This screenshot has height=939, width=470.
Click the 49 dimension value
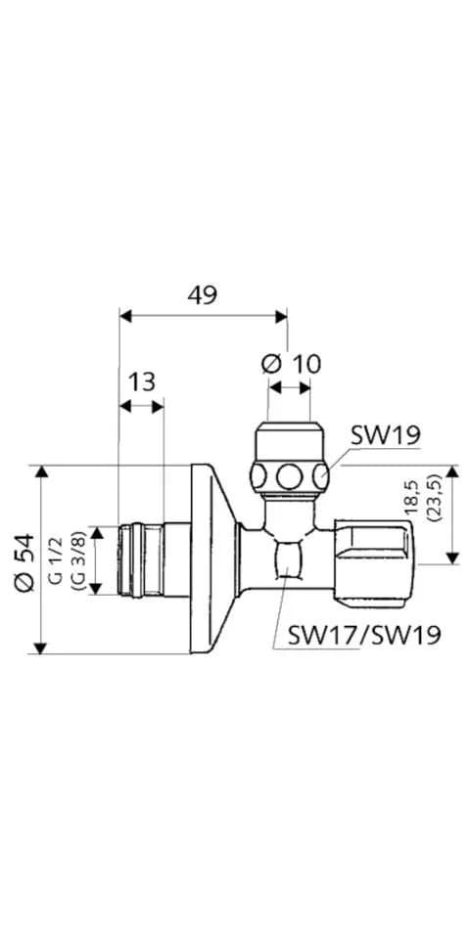pos(202,294)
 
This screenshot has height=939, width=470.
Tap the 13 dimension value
pos(141,381)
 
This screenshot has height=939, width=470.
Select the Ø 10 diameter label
pos(292,364)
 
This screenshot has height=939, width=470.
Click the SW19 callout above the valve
pos(384,435)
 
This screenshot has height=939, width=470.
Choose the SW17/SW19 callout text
pos(364,634)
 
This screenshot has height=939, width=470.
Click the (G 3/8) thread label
pos(76,560)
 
